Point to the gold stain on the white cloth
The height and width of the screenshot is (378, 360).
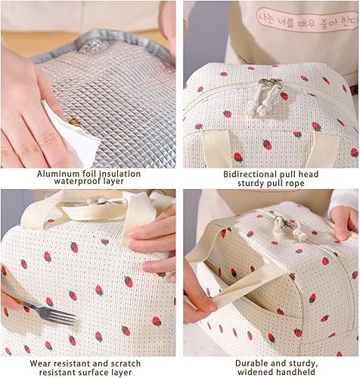[x=74, y=122]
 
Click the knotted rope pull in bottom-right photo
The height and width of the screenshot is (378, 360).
[x=290, y=228]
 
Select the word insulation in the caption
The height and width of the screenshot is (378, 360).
[x=120, y=174]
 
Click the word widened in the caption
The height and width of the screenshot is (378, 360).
[x=254, y=372]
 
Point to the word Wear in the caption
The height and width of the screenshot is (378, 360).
[x=40, y=364]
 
